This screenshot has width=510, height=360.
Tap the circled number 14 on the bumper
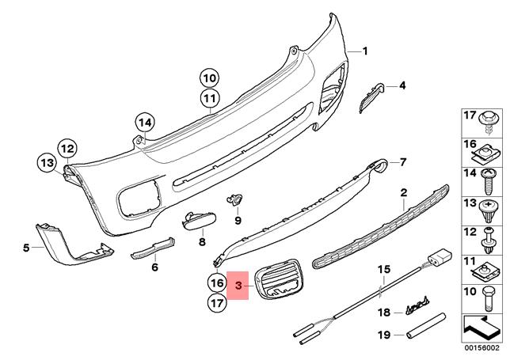pyautogui.click(x=143, y=123)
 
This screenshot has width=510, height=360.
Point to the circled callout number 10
pyautogui.click(x=208, y=78)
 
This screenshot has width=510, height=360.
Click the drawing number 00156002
pyautogui.click(x=482, y=347)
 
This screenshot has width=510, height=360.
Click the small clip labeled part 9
pyautogui.click(x=234, y=199)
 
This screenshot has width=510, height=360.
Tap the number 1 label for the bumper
pyautogui.click(x=365, y=51)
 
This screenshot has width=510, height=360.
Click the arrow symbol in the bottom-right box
pyautogui.click(x=481, y=323)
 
